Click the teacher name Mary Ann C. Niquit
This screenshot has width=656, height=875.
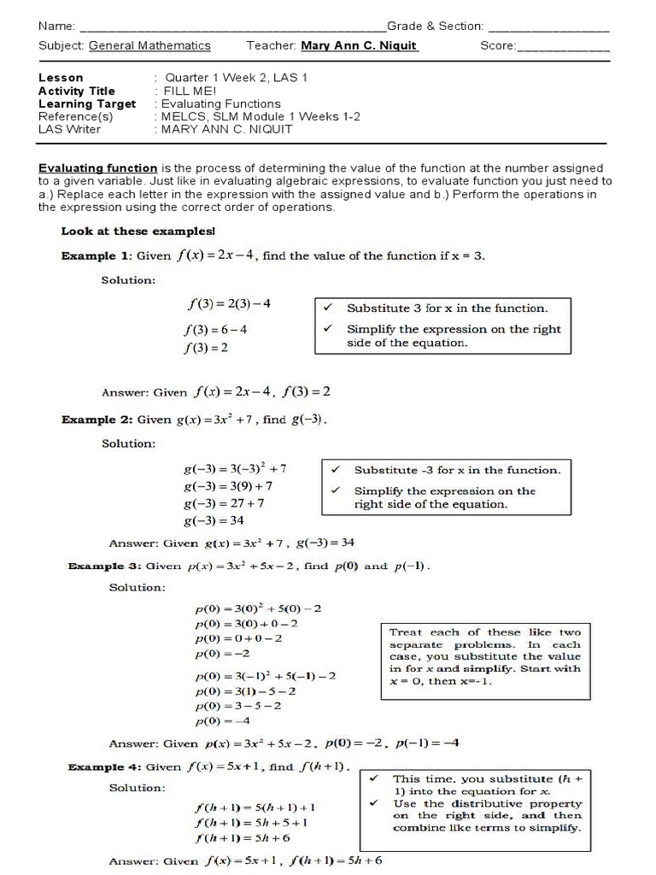359,46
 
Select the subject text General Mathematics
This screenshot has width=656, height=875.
149,46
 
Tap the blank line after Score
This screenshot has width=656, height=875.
563,46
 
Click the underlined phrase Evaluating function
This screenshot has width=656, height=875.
97,168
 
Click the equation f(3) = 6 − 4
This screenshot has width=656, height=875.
218,329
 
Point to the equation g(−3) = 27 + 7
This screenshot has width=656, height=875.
224,503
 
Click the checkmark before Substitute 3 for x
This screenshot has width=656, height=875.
326,308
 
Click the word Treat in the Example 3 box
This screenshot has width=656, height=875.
405,632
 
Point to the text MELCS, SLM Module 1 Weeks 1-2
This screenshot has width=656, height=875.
256,116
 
